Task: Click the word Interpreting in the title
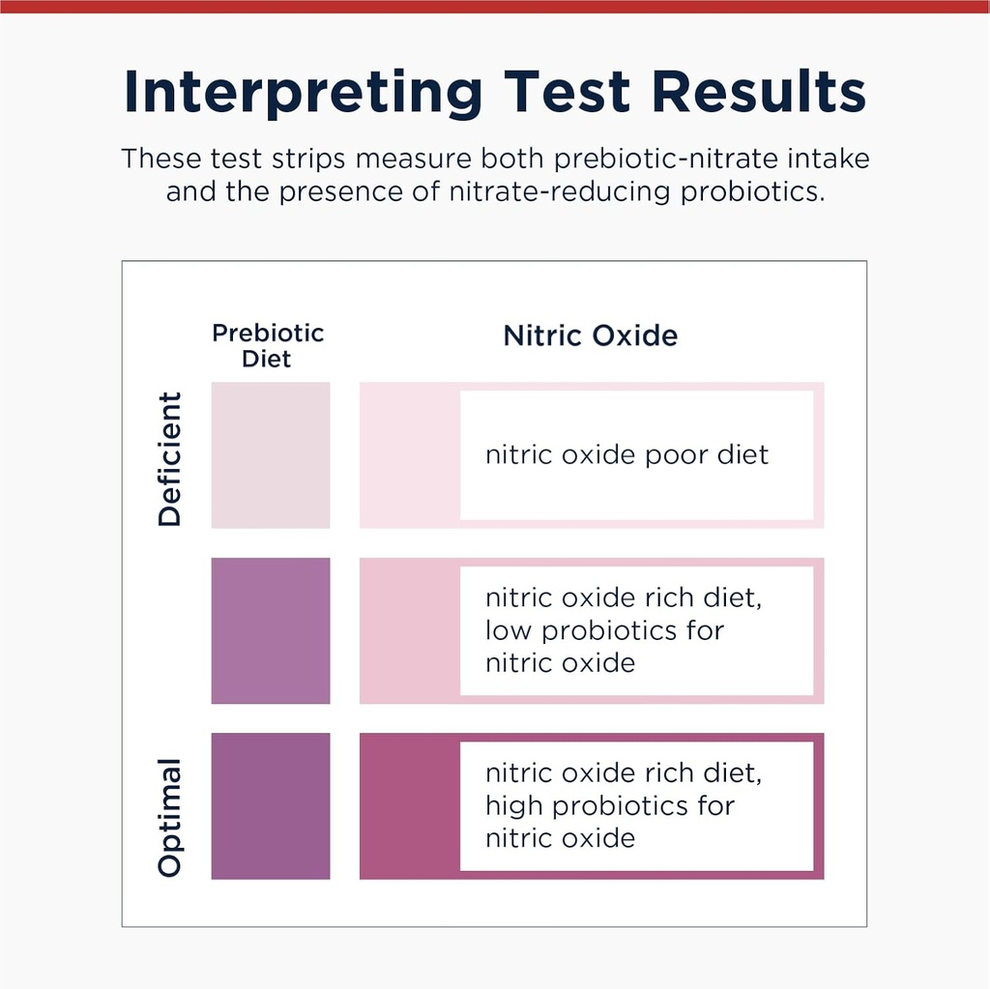point(304,92)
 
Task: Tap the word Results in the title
point(759,92)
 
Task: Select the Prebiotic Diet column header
point(268,345)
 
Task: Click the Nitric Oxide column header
point(591,335)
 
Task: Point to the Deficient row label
point(170,458)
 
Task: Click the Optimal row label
point(170,818)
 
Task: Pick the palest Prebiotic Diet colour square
point(271,454)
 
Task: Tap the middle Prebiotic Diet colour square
point(271,630)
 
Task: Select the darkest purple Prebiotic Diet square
point(271,805)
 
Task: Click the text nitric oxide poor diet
point(626,454)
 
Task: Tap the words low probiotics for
point(604,630)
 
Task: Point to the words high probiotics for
point(609,805)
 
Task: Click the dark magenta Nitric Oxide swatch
point(409,805)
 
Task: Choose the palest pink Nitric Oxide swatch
point(409,454)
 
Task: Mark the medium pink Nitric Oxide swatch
point(409,630)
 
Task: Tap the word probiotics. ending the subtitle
point(754,190)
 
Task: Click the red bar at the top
point(495,6)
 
